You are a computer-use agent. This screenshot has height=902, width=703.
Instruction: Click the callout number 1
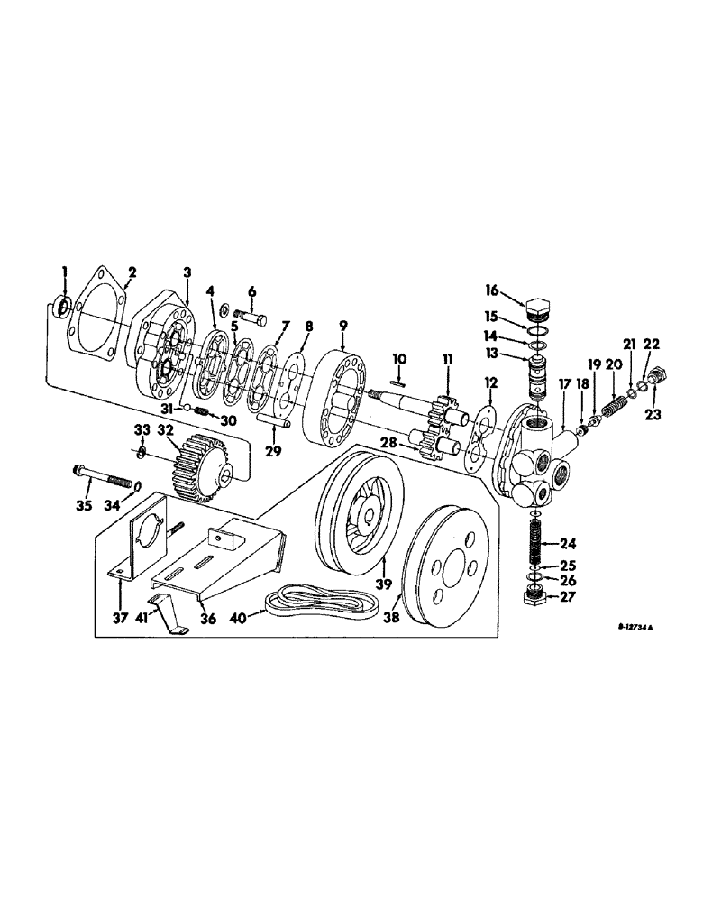click(x=64, y=271)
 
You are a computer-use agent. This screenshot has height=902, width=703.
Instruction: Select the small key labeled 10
click(x=402, y=382)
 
